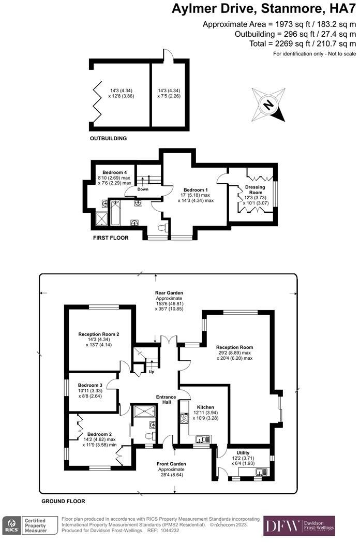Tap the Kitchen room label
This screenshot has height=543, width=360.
[x=202, y=407]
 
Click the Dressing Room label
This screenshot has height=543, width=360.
[x=254, y=189]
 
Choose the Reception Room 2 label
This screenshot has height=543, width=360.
[x=99, y=334]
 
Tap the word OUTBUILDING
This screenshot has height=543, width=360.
[x=108, y=139]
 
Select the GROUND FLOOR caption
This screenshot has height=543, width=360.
[x=63, y=502]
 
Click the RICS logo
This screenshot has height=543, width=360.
[x=11, y=526]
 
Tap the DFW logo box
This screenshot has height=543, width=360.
[x=299, y=525]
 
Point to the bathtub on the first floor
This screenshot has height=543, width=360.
[x=115, y=212]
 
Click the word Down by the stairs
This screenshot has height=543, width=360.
[x=143, y=189]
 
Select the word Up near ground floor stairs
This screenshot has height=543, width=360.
[x=151, y=372]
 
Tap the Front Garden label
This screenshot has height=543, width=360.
[x=172, y=464]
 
